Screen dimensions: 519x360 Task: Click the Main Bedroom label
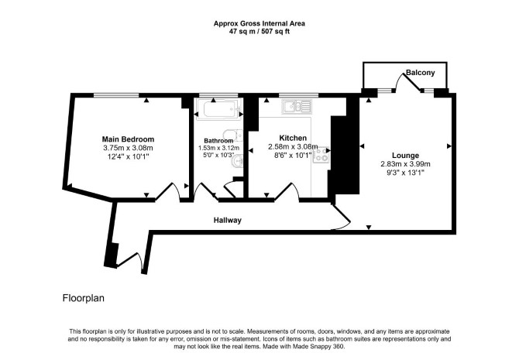[x=128, y=139]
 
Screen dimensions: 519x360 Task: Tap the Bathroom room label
[x=218, y=141]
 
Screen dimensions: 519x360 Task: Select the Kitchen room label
[x=293, y=138]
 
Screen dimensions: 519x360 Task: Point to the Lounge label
[x=405, y=155]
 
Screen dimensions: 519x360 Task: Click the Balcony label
[x=421, y=73]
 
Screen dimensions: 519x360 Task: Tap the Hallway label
[x=228, y=220]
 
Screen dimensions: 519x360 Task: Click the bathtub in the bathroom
[x=219, y=109]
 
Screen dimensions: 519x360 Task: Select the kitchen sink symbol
[x=297, y=106]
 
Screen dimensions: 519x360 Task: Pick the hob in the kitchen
[x=321, y=155]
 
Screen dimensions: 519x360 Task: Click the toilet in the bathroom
[x=232, y=135]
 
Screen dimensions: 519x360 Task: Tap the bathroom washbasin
[x=238, y=162]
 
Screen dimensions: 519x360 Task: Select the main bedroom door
[x=168, y=191]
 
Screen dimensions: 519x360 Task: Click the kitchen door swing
[x=287, y=191]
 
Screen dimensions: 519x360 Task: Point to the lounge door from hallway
[x=341, y=217]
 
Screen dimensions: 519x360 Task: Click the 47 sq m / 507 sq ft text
[x=259, y=32]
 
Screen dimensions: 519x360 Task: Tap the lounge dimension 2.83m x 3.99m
[x=405, y=164]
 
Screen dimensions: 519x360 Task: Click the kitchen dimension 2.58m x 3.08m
[x=293, y=146]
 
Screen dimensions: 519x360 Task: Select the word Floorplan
[x=84, y=298]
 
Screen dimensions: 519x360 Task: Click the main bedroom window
[x=116, y=96]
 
